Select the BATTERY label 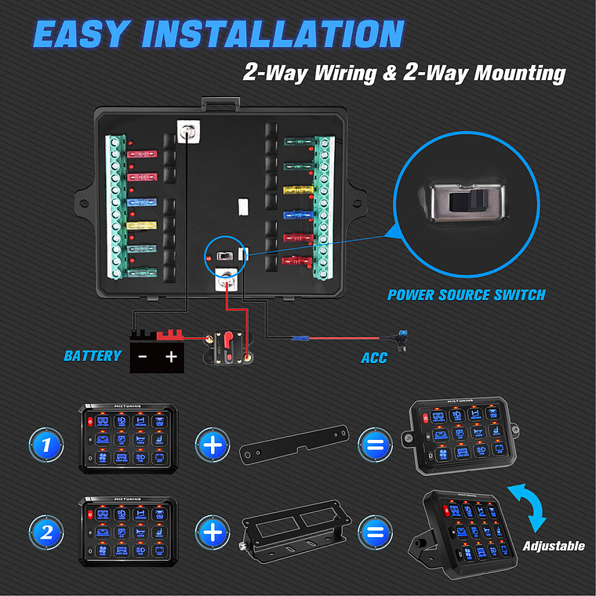click(x=93, y=356)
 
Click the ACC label click(x=374, y=358)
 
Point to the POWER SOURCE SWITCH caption click(x=466, y=296)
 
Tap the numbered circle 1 click(x=46, y=445)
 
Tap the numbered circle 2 click(x=46, y=533)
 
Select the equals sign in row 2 click(x=376, y=533)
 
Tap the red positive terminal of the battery click(x=170, y=336)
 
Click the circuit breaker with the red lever click(x=228, y=347)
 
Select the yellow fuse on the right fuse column click(x=295, y=190)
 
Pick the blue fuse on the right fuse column click(x=295, y=213)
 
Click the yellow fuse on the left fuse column click(x=141, y=226)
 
